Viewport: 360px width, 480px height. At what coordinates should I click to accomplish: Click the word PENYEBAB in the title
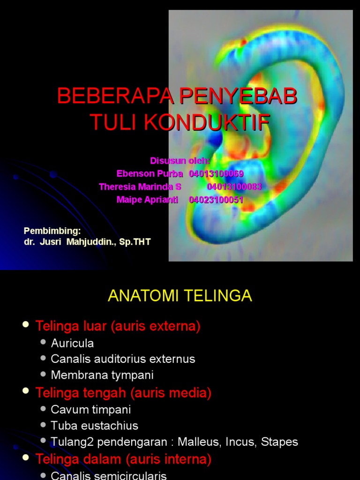238,97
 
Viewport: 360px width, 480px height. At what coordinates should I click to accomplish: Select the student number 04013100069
216,174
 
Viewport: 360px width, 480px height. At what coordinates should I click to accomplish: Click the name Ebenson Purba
150,174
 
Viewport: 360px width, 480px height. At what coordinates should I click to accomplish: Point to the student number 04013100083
234,187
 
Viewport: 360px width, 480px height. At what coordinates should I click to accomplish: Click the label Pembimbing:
52,231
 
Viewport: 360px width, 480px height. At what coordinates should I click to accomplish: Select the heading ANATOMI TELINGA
180,296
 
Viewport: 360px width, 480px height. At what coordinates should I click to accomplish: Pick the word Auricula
72,343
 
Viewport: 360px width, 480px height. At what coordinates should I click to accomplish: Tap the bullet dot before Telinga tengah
26,392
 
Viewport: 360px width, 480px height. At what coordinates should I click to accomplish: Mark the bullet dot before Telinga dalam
26,458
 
